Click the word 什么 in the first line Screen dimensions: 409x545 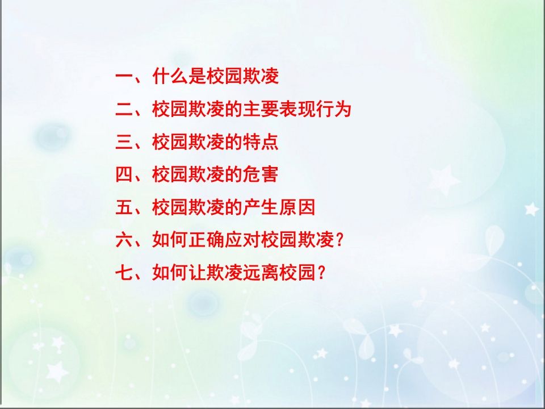[x=170, y=77]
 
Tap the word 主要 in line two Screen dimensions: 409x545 [x=261, y=110]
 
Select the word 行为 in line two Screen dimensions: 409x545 [x=334, y=110]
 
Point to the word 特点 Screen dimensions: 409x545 [x=261, y=143]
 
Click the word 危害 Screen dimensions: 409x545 [x=261, y=175]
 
